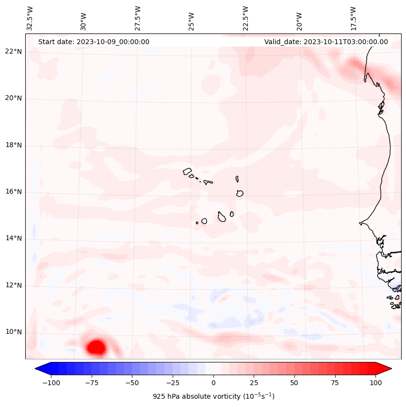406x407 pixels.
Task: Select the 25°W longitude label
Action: (x=192, y=19)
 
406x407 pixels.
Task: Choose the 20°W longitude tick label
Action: (x=299, y=19)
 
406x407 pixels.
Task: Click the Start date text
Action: (x=94, y=42)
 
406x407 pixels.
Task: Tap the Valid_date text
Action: (x=326, y=42)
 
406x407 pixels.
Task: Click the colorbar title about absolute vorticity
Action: (x=213, y=396)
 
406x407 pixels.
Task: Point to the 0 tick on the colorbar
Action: (x=213, y=383)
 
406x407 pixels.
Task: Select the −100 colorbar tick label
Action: (x=51, y=383)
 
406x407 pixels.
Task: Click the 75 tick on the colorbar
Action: (x=335, y=383)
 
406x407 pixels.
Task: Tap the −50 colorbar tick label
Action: (x=132, y=383)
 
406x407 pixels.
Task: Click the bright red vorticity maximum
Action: (x=96, y=347)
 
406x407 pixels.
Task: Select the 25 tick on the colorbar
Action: (x=254, y=383)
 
